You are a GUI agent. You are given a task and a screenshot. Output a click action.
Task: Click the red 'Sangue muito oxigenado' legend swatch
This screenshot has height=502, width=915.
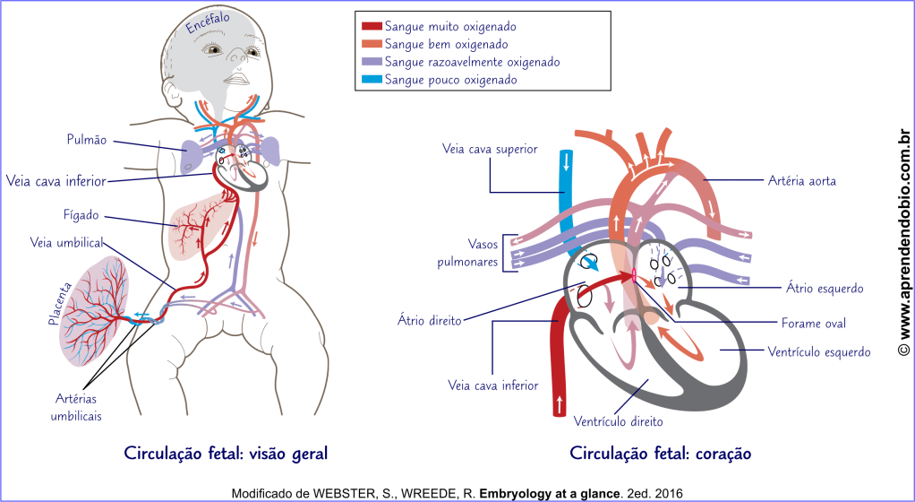(x=370, y=27)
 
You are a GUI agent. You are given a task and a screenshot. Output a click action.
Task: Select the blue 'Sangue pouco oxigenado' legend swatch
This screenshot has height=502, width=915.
(x=370, y=80)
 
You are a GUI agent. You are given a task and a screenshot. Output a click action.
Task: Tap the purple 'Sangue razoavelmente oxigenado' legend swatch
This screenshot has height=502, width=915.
(x=370, y=62)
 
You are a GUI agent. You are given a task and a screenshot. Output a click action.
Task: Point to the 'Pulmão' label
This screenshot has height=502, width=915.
(x=86, y=140)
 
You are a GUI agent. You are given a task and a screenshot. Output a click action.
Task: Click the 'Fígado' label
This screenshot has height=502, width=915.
(x=81, y=215)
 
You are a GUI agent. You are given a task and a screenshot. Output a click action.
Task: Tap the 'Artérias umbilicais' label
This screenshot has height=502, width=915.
(x=76, y=408)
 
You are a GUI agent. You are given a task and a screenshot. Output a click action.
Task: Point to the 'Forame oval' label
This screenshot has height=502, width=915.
(x=812, y=323)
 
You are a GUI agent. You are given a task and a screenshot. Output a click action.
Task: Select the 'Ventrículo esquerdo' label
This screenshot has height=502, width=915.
(x=819, y=352)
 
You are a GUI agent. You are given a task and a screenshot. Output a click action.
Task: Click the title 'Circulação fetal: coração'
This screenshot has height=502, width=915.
(x=660, y=454)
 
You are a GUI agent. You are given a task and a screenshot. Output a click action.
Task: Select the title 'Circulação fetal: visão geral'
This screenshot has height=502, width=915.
(x=226, y=454)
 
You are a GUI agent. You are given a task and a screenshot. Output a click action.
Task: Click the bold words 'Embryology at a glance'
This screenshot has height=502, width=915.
(x=550, y=493)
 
